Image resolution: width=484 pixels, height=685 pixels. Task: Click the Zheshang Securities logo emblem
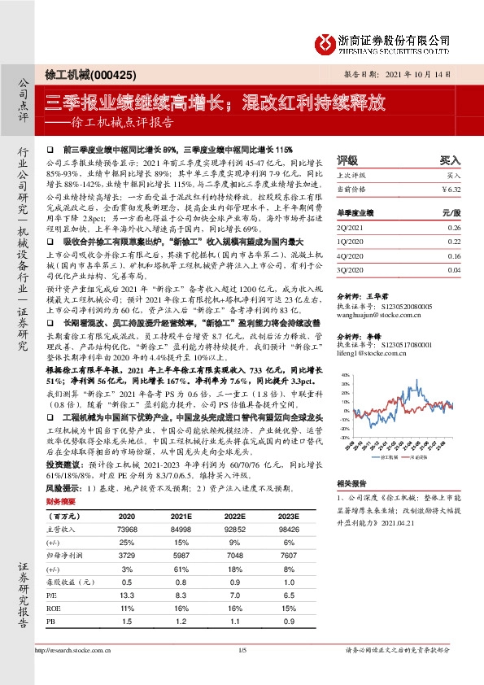click(x=325, y=41)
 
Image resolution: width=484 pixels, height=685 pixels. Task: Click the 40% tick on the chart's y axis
click(x=346, y=376)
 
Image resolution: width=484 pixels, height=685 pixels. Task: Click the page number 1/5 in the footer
click(x=242, y=673)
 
